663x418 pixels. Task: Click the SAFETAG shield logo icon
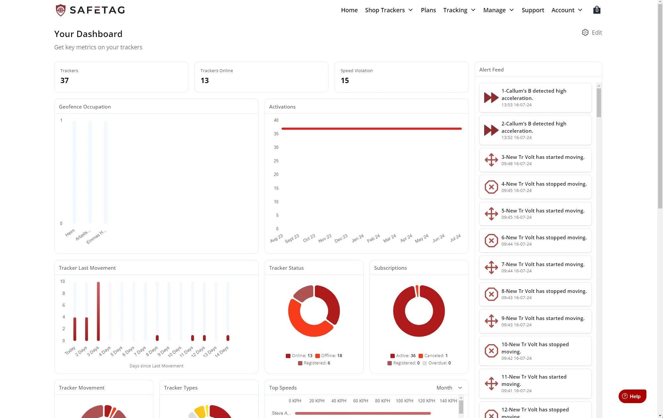tap(61, 10)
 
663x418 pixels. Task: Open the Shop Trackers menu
tap(388, 10)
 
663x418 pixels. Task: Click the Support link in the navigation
tap(533, 10)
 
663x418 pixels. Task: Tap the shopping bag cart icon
tap(597, 10)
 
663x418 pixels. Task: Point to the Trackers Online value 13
tap(205, 80)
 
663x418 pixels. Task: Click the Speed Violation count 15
tap(345, 80)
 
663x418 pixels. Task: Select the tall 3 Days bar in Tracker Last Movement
tap(98, 311)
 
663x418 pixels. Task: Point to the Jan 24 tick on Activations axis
tap(358, 238)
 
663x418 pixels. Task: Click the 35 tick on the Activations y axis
tap(276, 134)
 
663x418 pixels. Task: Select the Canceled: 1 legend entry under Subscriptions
tap(433, 355)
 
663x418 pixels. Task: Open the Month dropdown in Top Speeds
tap(449, 388)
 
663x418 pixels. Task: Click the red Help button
tap(632, 396)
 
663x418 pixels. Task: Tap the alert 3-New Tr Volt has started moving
tap(535, 160)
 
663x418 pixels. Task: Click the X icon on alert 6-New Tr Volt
tap(491, 241)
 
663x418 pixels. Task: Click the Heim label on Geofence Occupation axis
tap(70, 233)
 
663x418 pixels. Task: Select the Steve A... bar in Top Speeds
tap(363, 413)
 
